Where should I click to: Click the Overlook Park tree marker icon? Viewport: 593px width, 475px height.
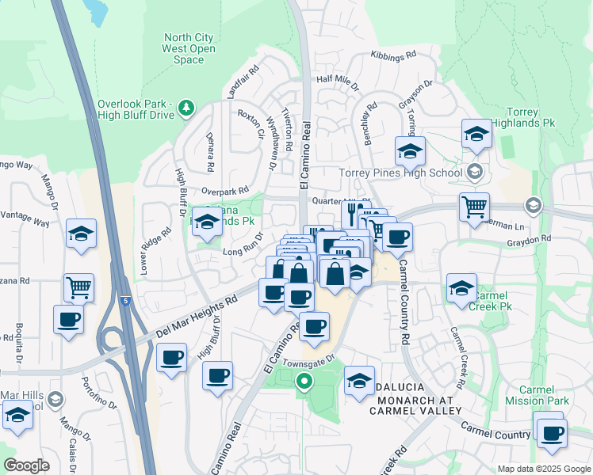tap(186, 107)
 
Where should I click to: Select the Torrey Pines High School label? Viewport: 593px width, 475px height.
tap(400, 173)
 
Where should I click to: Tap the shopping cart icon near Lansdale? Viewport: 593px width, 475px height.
tap(474, 207)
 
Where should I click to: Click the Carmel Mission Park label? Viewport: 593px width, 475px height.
tap(544, 395)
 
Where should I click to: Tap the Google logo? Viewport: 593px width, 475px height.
tap(26, 465)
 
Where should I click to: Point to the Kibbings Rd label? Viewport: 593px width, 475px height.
tap(393, 56)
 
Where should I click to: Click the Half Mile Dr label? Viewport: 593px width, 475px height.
tap(338, 79)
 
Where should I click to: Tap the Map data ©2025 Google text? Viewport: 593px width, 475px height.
tap(544, 469)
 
